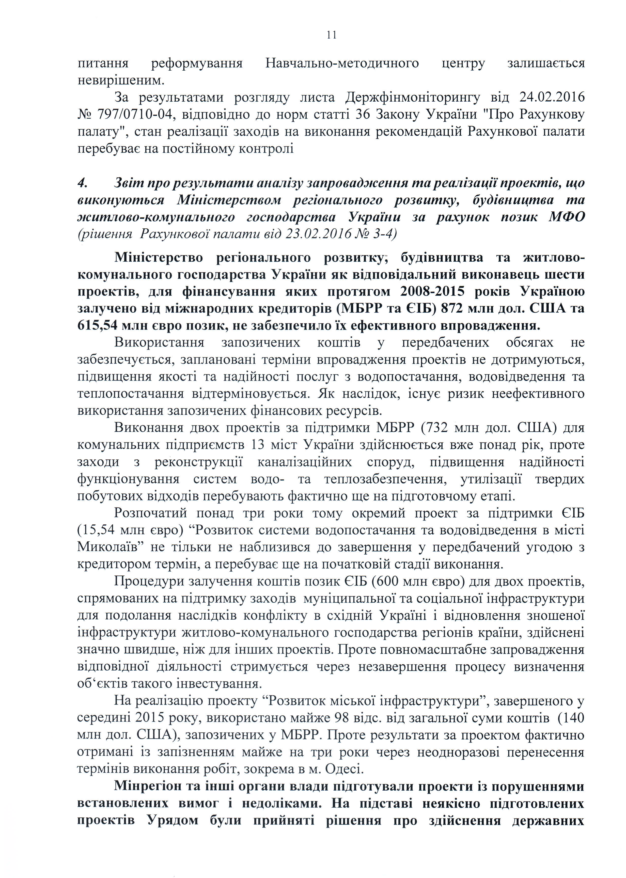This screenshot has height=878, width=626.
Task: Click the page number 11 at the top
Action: pos(332,35)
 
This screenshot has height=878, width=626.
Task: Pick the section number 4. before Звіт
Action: pos(83,183)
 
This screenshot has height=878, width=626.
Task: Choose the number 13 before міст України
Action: pos(259,445)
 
